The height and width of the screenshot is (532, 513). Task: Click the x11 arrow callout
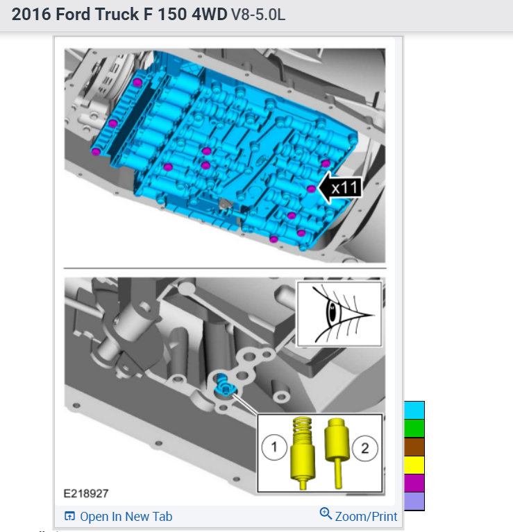[x=341, y=188]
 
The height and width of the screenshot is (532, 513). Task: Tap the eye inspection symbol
[x=339, y=314]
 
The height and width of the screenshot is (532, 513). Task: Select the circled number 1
[x=274, y=447]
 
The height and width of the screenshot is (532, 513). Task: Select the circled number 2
[x=365, y=448]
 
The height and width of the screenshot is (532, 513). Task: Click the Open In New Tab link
[x=119, y=516]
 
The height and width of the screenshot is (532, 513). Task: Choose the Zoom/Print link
[x=358, y=515]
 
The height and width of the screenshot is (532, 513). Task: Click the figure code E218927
[x=86, y=493]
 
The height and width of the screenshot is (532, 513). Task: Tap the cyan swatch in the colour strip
[x=414, y=410]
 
